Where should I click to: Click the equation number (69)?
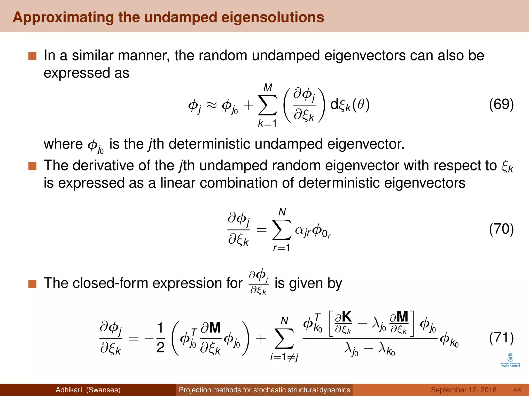[501, 104]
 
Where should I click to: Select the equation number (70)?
[501, 229]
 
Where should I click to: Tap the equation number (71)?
[501, 338]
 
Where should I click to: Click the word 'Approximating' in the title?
[63, 18]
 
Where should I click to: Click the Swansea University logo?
[510, 360]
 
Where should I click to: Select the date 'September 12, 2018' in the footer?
[464, 390]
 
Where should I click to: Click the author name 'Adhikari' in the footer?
[69, 390]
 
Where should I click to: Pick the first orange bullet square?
[33, 56]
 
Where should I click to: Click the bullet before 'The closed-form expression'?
[33, 284]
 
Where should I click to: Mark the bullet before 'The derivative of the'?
[33, 166]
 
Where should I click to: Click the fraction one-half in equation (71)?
[160, 338]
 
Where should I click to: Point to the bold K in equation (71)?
[346, 317]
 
